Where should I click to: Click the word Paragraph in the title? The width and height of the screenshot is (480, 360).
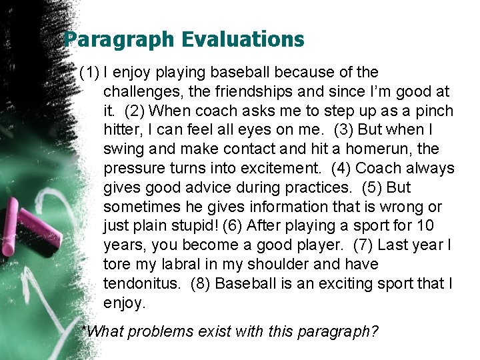point(111,40)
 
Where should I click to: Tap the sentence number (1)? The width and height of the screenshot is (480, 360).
point(89,72)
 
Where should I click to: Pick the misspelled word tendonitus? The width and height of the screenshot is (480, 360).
point(141,283)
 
